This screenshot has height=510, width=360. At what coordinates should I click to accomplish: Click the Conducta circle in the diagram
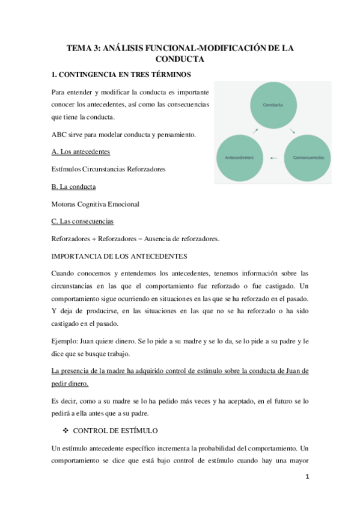(272, 105)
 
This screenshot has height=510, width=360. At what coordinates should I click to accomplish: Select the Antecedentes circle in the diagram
(239, 158)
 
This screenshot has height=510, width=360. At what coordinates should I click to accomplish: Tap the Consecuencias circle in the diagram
(307, 158)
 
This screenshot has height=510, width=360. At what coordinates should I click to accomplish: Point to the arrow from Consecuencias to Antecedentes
(273, 158)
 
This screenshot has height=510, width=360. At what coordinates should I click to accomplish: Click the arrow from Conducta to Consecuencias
(292, 131)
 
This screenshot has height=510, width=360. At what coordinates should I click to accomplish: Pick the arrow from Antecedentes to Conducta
(255, 131)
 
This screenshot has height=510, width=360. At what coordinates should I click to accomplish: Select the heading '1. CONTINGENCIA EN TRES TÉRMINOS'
(121, 75)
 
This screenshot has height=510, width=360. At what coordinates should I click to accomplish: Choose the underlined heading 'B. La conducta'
(74, 186)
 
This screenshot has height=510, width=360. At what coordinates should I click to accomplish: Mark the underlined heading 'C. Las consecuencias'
(84, 221)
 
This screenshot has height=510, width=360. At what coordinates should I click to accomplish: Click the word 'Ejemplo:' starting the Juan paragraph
(67, 342)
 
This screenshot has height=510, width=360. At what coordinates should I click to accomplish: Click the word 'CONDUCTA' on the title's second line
(180, 59)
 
